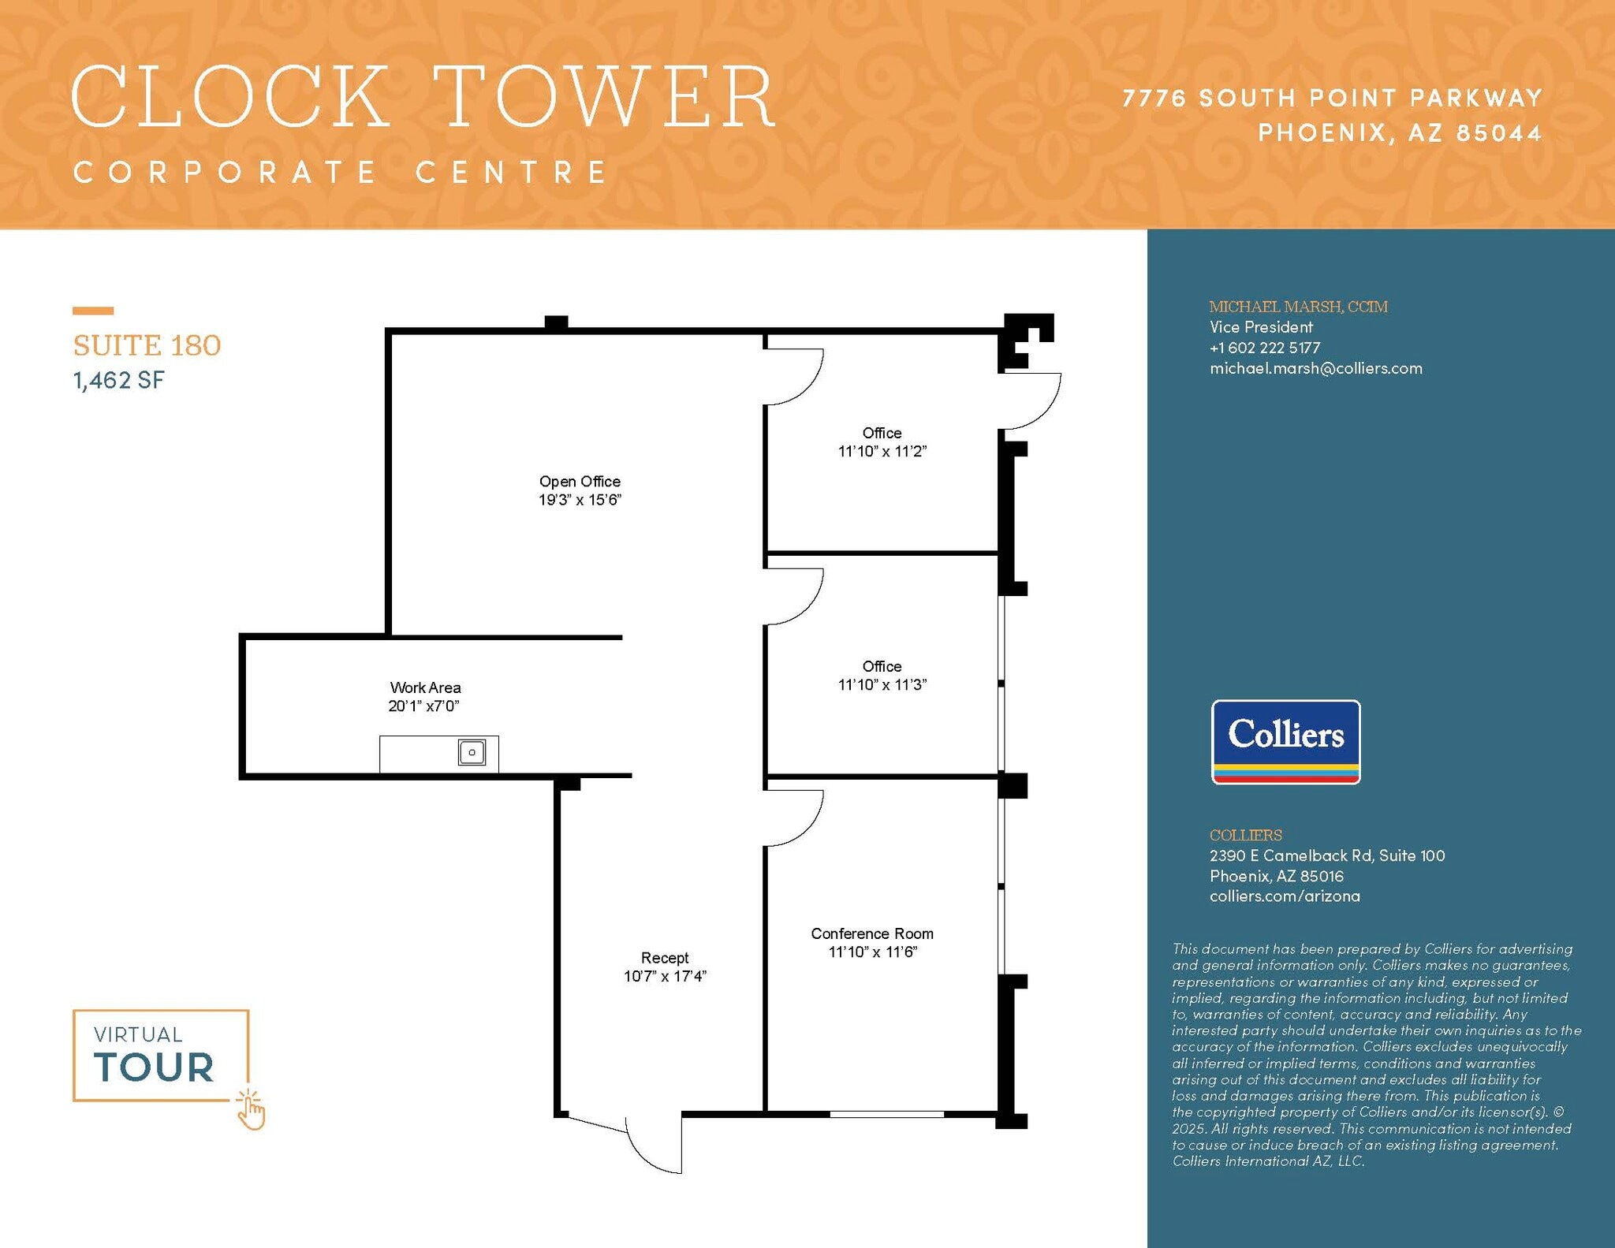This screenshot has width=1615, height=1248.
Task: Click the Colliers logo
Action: (x=1285, y=741)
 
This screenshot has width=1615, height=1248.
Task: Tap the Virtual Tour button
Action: (x=161, y=1055)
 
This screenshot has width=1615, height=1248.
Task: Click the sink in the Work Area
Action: (x=472, y=752)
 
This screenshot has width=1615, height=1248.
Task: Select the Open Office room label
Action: (x=580, y=481)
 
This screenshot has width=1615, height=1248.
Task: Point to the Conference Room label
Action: (x=871, y=933)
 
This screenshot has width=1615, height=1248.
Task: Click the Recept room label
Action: (x=664, y=957)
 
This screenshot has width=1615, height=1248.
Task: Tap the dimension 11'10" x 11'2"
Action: (x=882, y=452)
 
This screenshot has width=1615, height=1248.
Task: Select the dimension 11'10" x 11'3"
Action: (x=882, y=685)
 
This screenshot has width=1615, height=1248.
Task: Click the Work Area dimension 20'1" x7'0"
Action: (x=423, y=706)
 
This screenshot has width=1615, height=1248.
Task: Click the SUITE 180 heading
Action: (x=147, y=345)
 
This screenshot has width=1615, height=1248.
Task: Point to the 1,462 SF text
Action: (x=119, y=381)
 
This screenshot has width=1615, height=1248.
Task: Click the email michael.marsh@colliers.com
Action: (x=1315, y=368)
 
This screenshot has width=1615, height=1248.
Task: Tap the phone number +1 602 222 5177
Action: (x=1264, y=348)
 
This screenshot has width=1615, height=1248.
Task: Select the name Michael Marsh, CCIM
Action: (x=1298, y=307)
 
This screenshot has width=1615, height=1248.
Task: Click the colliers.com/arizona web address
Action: (x=1285, y=896)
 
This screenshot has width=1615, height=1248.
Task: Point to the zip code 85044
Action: (x=1498, y=132)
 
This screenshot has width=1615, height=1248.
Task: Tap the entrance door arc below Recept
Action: (x=651, y=1151)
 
